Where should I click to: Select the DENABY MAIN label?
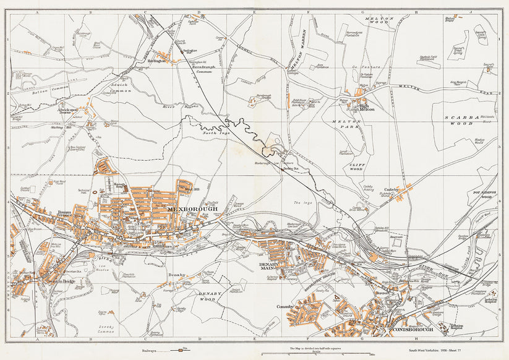coord(267,267)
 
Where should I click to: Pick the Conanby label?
coord(285,306)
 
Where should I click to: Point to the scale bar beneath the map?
coord(316,354)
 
